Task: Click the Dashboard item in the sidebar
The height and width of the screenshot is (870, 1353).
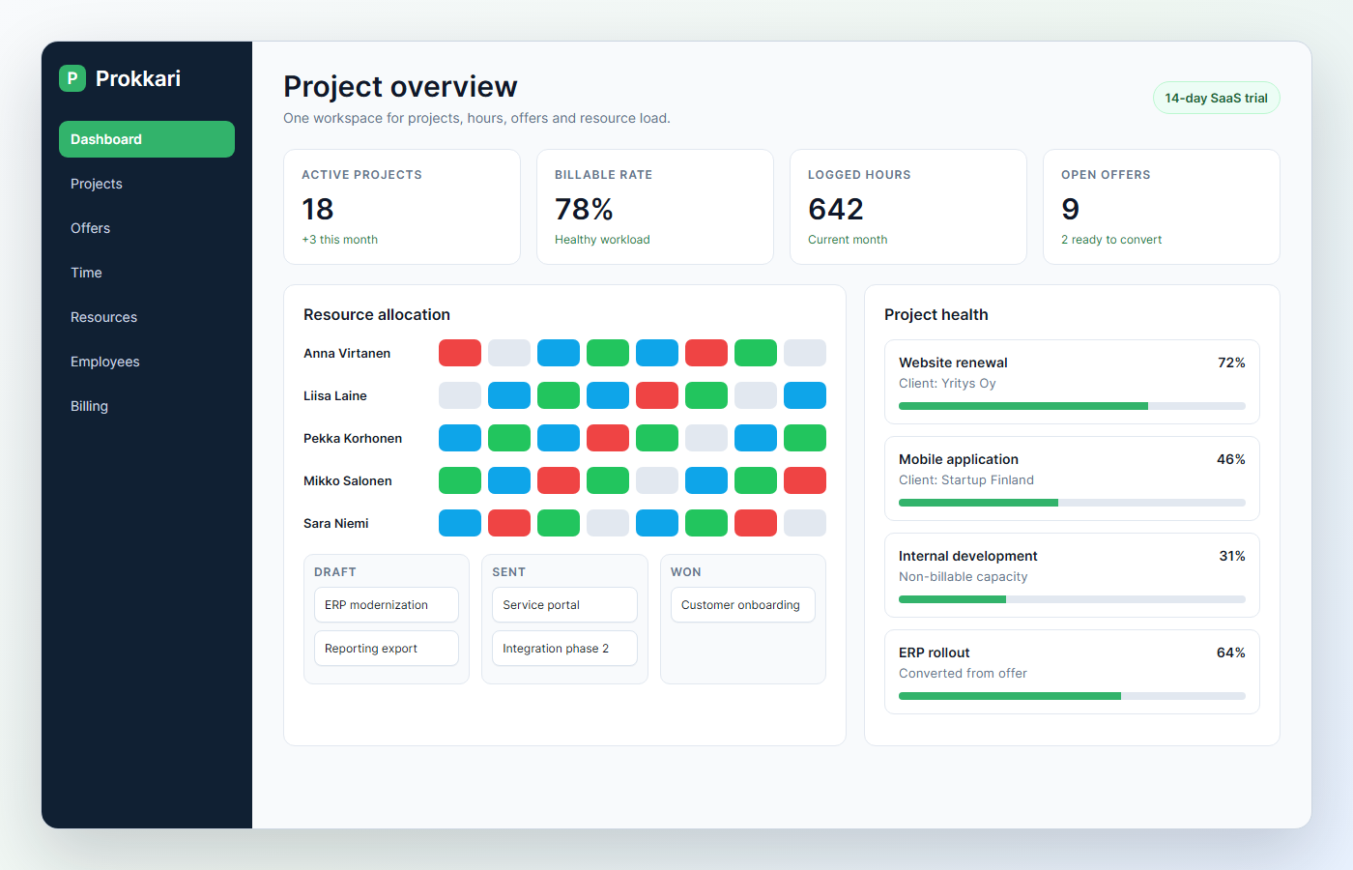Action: [x=147, y=139]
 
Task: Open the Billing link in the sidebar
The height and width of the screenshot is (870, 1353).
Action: [x=89, y=406]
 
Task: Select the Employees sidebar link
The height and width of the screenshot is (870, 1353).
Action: [x=105, y=362]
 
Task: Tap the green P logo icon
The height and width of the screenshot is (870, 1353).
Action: [x=72, y=78]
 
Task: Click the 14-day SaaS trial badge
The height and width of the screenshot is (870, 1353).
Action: [x=1216, y=98]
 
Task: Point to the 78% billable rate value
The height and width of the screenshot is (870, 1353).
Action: [x=584, y=209]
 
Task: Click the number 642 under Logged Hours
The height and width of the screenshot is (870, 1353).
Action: [x=836, y=209]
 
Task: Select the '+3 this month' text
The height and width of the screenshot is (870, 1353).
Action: [x=339, y=240]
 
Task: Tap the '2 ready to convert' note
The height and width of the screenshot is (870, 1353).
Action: [x=1111, y=240]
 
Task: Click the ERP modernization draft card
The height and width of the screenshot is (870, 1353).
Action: [x=387, y=605]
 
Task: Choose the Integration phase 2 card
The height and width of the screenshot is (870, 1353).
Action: [x=564, y=649]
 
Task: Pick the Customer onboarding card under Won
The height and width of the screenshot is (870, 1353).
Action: [x=743, y=605]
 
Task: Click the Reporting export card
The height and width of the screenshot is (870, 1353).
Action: [x=387, y=649]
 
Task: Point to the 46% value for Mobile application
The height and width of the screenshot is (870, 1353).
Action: [x=1231, y=459]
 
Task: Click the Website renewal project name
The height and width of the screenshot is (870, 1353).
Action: [x=953, y=362]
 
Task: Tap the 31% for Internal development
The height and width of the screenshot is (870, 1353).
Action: [x=1232, y=556]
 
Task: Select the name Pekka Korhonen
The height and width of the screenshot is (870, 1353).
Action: [x=353, y=438]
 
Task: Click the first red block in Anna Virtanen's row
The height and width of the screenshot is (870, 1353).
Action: [x=460, y=353]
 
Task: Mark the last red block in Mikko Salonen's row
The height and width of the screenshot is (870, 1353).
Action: [x=804, y=480]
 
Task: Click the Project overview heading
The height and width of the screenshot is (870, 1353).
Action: [x=400, y=86]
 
